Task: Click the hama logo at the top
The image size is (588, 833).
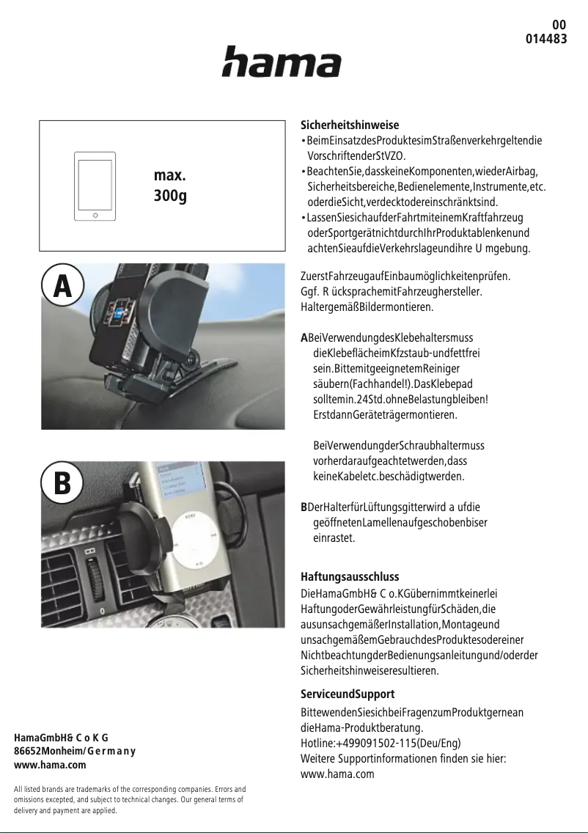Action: pyautogui.click(x=282, y=62)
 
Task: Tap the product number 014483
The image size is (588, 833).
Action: pyautogui.click(x=546, y=39)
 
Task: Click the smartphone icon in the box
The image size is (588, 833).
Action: pyautogui.click(x=95, y=188)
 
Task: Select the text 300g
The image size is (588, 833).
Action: pyautogui.click(x=170, y=197)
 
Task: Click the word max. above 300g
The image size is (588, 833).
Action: pyautogui.click(x=169, y=176)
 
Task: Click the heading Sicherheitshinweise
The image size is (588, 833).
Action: pyautogui.click(x=350, y=125)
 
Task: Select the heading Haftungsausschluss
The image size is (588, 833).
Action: pyautogui.click(x=350, y=577)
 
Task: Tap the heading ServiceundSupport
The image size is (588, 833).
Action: pyautogui.click(x=348, y=694)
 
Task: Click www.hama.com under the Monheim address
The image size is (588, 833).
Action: pyautogui.click(x=50, y=765)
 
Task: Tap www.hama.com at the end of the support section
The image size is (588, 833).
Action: pyautogui.click(x=337, y=774)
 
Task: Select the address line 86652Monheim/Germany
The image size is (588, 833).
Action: pyautogui.click(x=75, y=751)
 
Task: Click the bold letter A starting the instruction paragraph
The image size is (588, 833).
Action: pyautogui.click(x=304, y=338)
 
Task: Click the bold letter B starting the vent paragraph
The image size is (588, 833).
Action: pyautogui.click(x=304, y=507)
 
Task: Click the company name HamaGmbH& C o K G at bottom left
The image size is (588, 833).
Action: pyautogui.click(x=62, y=737)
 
